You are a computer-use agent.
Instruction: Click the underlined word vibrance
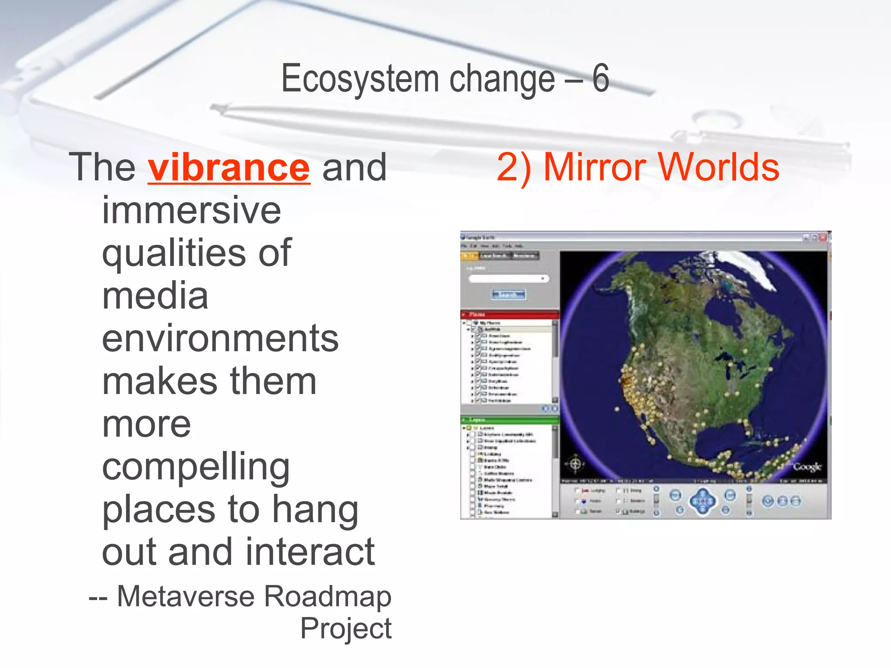coord(229,167)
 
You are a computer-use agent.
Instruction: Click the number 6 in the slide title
coord(600,78)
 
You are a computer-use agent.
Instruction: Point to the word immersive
coord(191,210)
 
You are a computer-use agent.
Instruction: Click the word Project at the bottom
coord(346,628)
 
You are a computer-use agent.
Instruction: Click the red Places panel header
coord(509,314)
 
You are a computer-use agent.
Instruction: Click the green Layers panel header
coord(509,420)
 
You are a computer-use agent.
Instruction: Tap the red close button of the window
coord(823,237)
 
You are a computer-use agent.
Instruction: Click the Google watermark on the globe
coord(807,467)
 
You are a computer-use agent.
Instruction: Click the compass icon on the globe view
coord(575,464)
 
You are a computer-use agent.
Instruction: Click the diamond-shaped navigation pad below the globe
coord(703,501)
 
